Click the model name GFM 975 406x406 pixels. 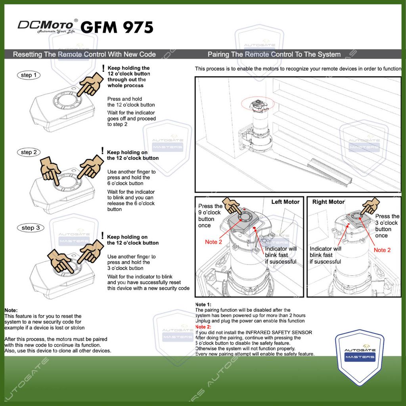[x=117, y=27]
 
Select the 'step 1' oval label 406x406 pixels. [x=29, y=75]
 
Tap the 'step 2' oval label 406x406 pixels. [x=29, y=152]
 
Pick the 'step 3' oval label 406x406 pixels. [x=30, y=228]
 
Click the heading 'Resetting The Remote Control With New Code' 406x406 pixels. [x=84, y=54]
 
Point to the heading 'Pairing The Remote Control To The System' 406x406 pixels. [x=274, y=54]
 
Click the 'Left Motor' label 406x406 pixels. [x=285, y=202]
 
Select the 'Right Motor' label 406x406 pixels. [x=328, y=202]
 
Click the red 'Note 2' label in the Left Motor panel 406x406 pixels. [x=213, y=242]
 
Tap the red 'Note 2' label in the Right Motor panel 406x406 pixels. [x=382, y=250]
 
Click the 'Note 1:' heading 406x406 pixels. [x=203, y=304]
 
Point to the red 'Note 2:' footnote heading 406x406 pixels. [x=203, y=327]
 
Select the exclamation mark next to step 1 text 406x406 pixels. [x=103, y=69]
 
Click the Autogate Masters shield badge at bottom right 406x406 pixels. [x=360, y=355]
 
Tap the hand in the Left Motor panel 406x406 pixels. [x=232, y=205]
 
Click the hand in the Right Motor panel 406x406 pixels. [x=371, y=206]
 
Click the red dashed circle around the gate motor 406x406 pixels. [x=258, y=105]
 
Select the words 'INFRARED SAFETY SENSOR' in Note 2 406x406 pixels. [x=279, y=332]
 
